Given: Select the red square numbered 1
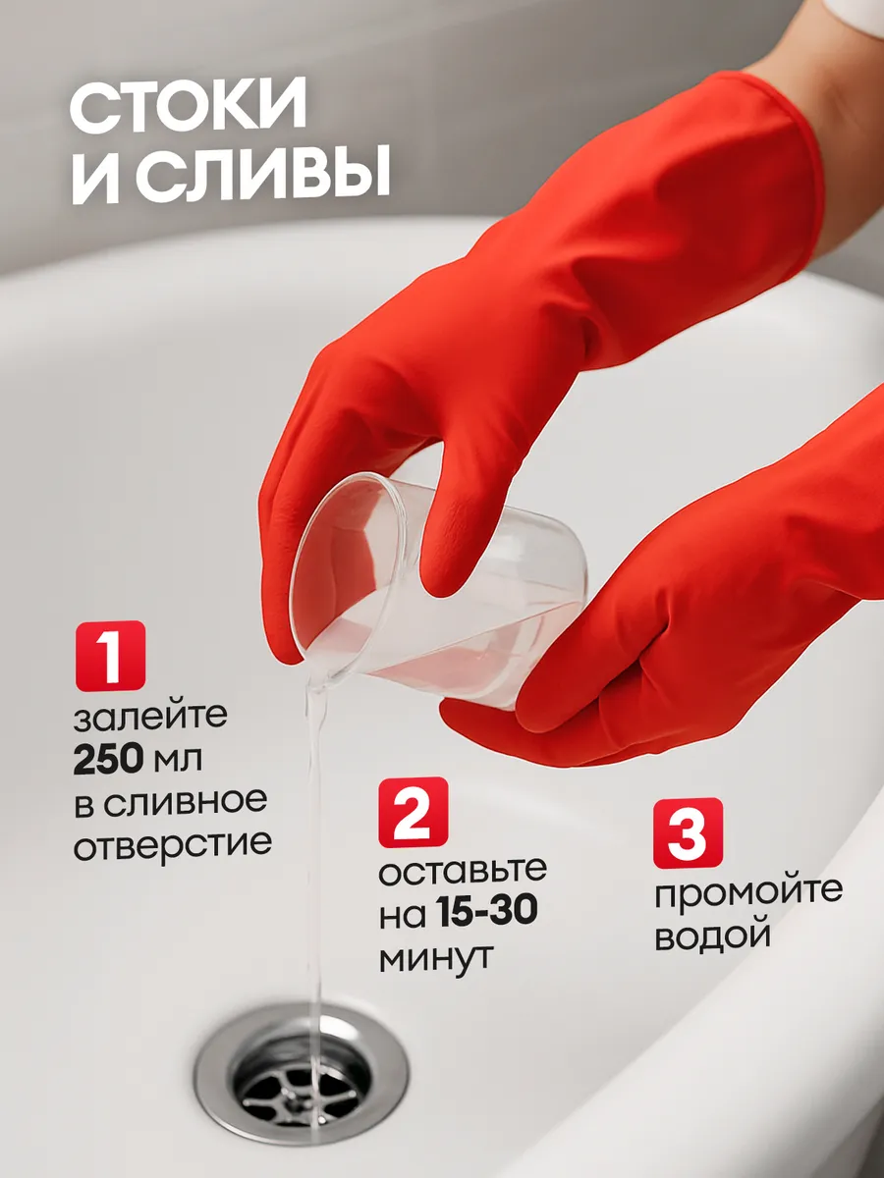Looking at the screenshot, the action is click(111, 656).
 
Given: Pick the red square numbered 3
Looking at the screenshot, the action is click(689, 832).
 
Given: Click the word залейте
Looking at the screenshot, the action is click(150, 718).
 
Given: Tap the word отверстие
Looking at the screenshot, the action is click(172, 843).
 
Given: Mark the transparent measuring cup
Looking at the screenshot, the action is click(437, 590).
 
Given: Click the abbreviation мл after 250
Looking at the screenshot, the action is click(178, 760).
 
